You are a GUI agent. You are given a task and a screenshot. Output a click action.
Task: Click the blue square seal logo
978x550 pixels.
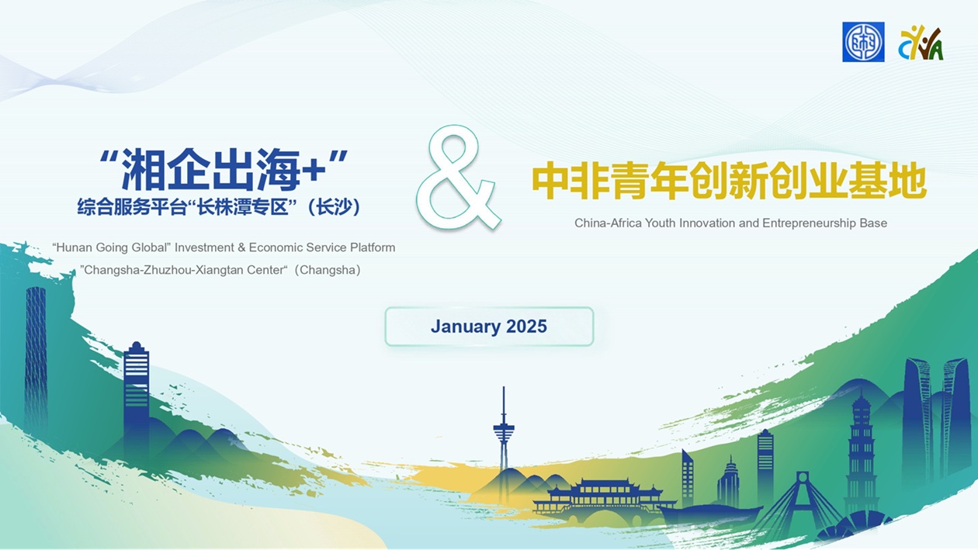(863, 42)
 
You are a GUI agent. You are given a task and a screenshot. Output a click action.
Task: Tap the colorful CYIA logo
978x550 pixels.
(921, 43)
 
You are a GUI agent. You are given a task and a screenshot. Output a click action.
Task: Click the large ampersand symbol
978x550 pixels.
(458, 177)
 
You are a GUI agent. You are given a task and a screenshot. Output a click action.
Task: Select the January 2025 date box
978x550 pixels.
(489, 327)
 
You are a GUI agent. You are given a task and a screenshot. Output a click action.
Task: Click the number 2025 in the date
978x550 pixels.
(526, 327)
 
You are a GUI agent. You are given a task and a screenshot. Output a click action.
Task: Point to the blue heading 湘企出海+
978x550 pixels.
(224, 170)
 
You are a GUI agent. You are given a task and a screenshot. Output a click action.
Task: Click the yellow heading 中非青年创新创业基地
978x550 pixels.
(729, 181)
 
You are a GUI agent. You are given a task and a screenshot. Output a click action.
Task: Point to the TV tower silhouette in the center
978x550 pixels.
(504, 432)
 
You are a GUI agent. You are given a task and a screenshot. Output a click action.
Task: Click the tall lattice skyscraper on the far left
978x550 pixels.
(36, 358)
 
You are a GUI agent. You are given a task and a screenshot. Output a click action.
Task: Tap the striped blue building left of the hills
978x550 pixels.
(137, 393)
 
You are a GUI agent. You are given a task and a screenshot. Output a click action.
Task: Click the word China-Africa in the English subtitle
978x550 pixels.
(609, 223)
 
